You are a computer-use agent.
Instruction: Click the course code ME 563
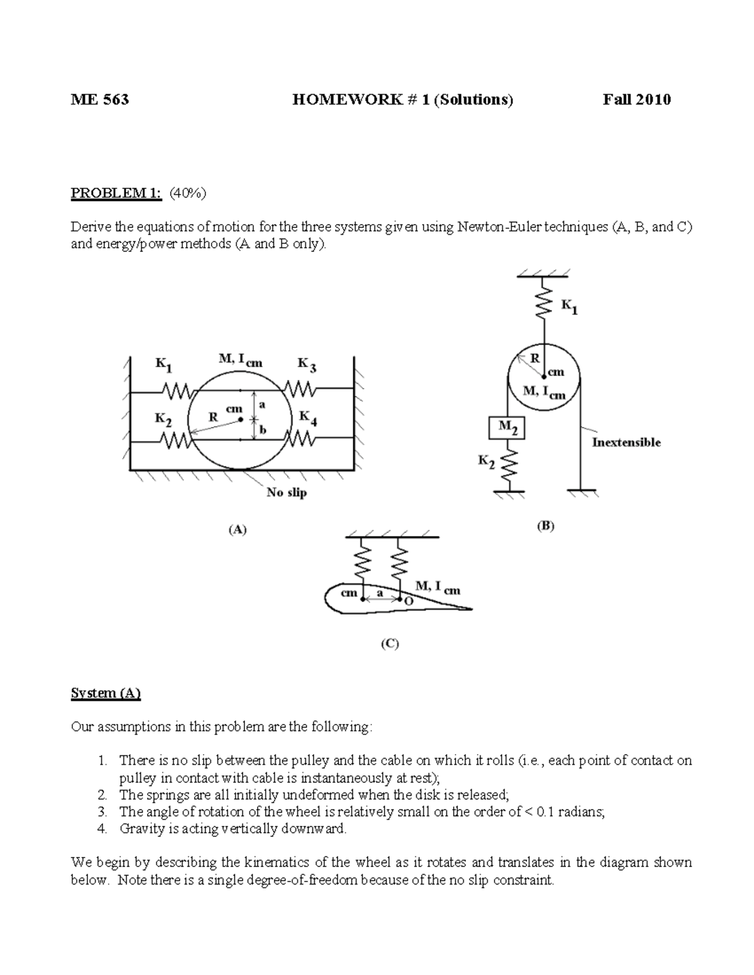[x=100, y=99]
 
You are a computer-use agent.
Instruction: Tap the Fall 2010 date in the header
[x=637, y=99]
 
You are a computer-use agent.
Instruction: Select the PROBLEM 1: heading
[x=116, y=193]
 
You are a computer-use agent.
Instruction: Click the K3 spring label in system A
[x=307, y=365]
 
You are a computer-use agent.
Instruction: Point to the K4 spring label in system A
[x=308, y=418]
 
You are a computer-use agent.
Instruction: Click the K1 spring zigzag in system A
[x=177, y=392]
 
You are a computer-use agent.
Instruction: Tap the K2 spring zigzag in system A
[x=177, y=441]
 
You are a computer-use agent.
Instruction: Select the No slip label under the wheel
[x=287, y=493]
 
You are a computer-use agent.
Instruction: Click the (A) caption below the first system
[x=237, y=530]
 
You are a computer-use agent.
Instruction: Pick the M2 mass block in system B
[x=506, y=428]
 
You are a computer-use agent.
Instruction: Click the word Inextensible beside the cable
[x=626, y=443]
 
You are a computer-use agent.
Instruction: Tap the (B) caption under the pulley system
[x=545, y=526]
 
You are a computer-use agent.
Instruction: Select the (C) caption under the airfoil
[x=390, y=643]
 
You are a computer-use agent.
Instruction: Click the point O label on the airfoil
[x=409, y=601]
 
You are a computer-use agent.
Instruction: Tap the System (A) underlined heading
[x=106, y=693]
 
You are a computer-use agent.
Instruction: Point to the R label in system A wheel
[x=213, y=416]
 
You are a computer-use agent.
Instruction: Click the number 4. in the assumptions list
[x=102, y=829]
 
